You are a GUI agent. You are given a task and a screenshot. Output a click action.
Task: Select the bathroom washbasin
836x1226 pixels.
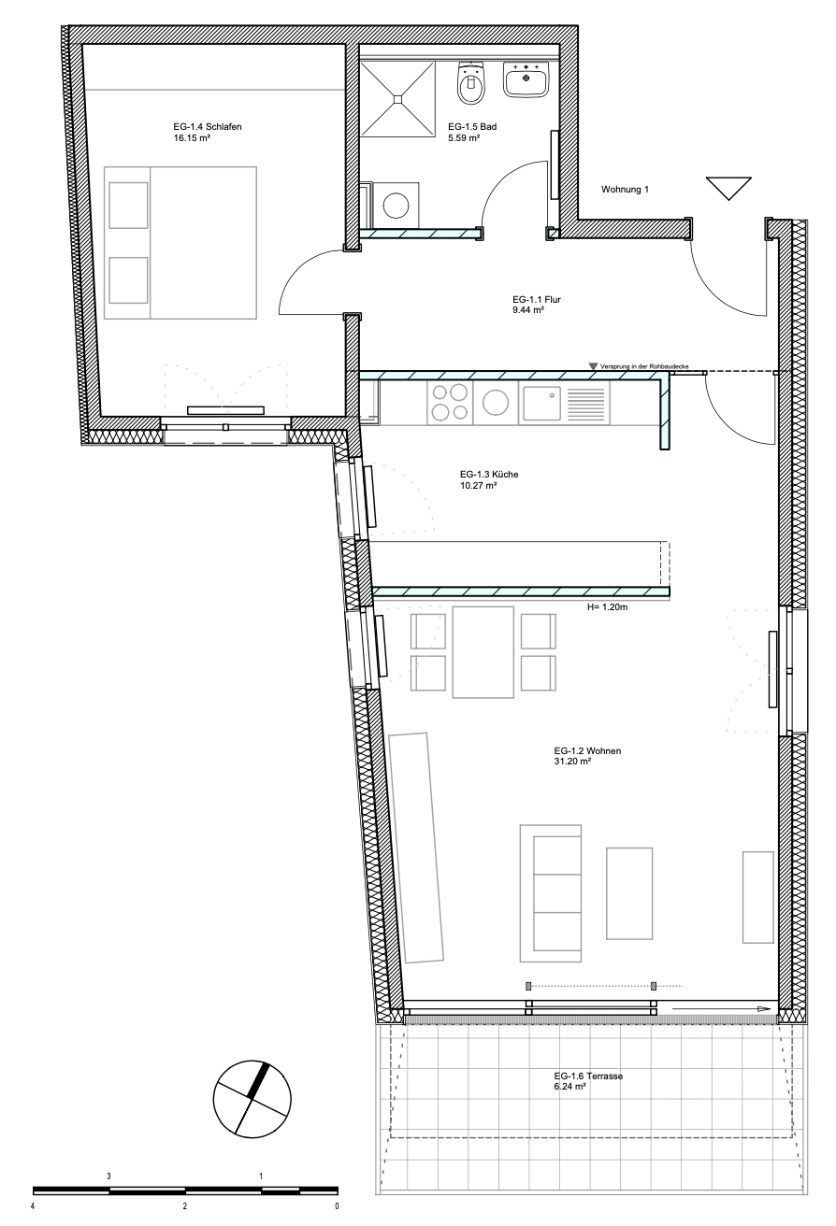pyautogui.click(x=526, y=78)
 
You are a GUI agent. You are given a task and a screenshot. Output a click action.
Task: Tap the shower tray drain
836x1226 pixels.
pyautogui.click(x=397, y=98)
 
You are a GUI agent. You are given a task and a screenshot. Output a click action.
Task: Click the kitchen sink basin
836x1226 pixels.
pyautogui.click(x=541, y=403)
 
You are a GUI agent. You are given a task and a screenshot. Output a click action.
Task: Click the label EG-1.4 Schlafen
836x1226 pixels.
pyautogui.click(x=208, y=127)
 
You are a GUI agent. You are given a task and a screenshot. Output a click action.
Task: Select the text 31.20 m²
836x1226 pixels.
pyautogui.click(x=572, y=762)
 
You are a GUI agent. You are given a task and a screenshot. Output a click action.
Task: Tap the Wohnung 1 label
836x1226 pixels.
pyautogui.click(x=625, y=190)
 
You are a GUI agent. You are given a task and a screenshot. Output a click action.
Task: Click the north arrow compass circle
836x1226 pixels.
pyautogui.click(x=252, y=1100)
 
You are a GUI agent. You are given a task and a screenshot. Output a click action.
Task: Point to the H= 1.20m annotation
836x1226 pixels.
pyautogui.click(x=608, y=607)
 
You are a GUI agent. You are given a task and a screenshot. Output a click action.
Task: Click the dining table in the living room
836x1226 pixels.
pyautogui.click(x=483, y=652)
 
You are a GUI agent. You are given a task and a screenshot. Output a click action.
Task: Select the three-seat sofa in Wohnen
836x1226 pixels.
pyautogui.click(x=551, y=892)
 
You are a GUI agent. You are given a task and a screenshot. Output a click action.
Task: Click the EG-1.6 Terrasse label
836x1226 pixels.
pyautogui.click(x=588, y=1076)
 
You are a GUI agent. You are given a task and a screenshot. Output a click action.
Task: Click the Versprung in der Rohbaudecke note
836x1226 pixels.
pyautogui.click(x=644, y=366)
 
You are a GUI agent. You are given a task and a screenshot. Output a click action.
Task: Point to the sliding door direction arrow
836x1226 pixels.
pyautogui.click(x=722, y=1008)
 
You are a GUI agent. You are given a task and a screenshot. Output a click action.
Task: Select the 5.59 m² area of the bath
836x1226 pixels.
pyautogui.click(x=464, y=138)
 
